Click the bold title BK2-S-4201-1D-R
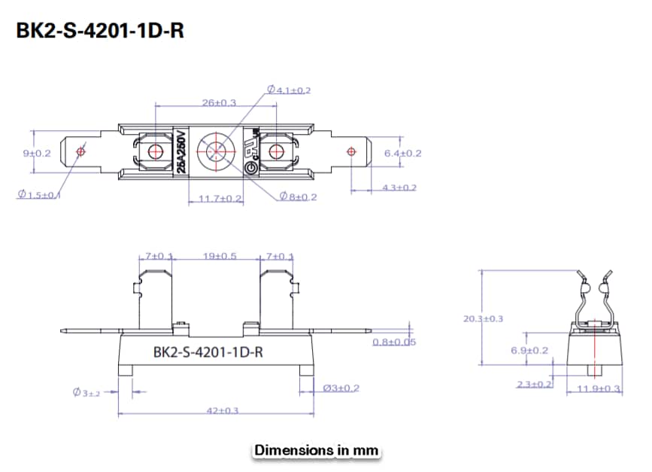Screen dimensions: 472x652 click(x=100, y=31)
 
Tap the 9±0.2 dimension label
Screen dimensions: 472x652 click(x=37, y=153)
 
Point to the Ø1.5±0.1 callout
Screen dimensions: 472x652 click(x=40, y=195)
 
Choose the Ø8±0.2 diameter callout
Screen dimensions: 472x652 click(x=298, y=196)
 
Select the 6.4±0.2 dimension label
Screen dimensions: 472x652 click(x=403, y=153)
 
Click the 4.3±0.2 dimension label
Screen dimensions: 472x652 click(x=398, y=187)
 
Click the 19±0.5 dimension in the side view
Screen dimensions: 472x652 click(x=220, y=256)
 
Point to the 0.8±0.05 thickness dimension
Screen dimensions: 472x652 click(x=395, y=343)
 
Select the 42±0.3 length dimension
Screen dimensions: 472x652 click(x=223, y=410)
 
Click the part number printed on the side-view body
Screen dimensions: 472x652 click(x=207, y=351)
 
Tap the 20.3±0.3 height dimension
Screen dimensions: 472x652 click(x=484, y=318)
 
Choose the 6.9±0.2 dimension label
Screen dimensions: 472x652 click(x=529, y=350)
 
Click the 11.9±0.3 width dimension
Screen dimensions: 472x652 click(x=599, y=388)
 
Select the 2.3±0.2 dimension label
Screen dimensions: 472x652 click(x=534, y=384)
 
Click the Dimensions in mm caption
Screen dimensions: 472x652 click(x=316, y=450)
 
